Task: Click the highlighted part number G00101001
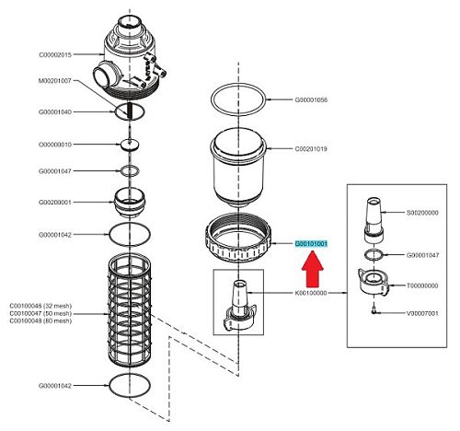[x=311, y=244]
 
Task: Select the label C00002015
[x=55, y=55]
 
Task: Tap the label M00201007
[x=55, y=81]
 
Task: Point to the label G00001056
[x=311, y=99]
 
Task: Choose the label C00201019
[x=311, y=149]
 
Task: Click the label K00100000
[x=311, y=293]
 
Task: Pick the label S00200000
[x=422, y=213]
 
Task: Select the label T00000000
[x=422, y=285]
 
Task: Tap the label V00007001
[x=422, y=313]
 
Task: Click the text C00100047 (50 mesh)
[x=40, y=313]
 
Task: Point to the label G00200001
[x=55, y=203]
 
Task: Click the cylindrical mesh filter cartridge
[x=130, y=309]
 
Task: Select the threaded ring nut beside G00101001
[x=238, y=238]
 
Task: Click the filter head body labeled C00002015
[x=130, y=57]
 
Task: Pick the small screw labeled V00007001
[x=374, y=310]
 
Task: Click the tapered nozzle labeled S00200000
[x=374, y=220]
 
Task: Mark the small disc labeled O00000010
[x=130, y=145]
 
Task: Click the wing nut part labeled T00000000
[x=374, y=282]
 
